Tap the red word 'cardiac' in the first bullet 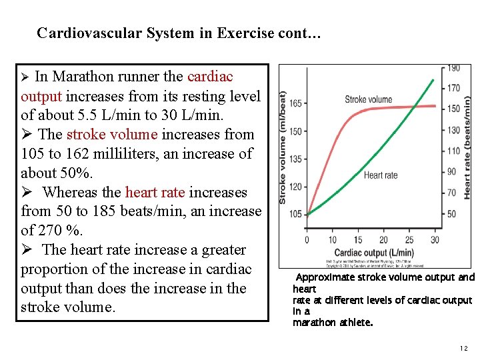click(210, 77)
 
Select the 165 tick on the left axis click(296, 103)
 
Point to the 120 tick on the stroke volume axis click(296, 187)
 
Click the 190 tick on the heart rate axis click(453, 68)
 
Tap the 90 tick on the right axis click(451, 171)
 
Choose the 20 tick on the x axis click(384, 240)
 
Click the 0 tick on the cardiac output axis click(307, 240)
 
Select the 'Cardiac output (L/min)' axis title click(373, 253)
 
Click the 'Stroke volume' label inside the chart click(368, 99)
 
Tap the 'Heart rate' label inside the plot click(380, 175)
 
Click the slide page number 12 click(464, 349)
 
